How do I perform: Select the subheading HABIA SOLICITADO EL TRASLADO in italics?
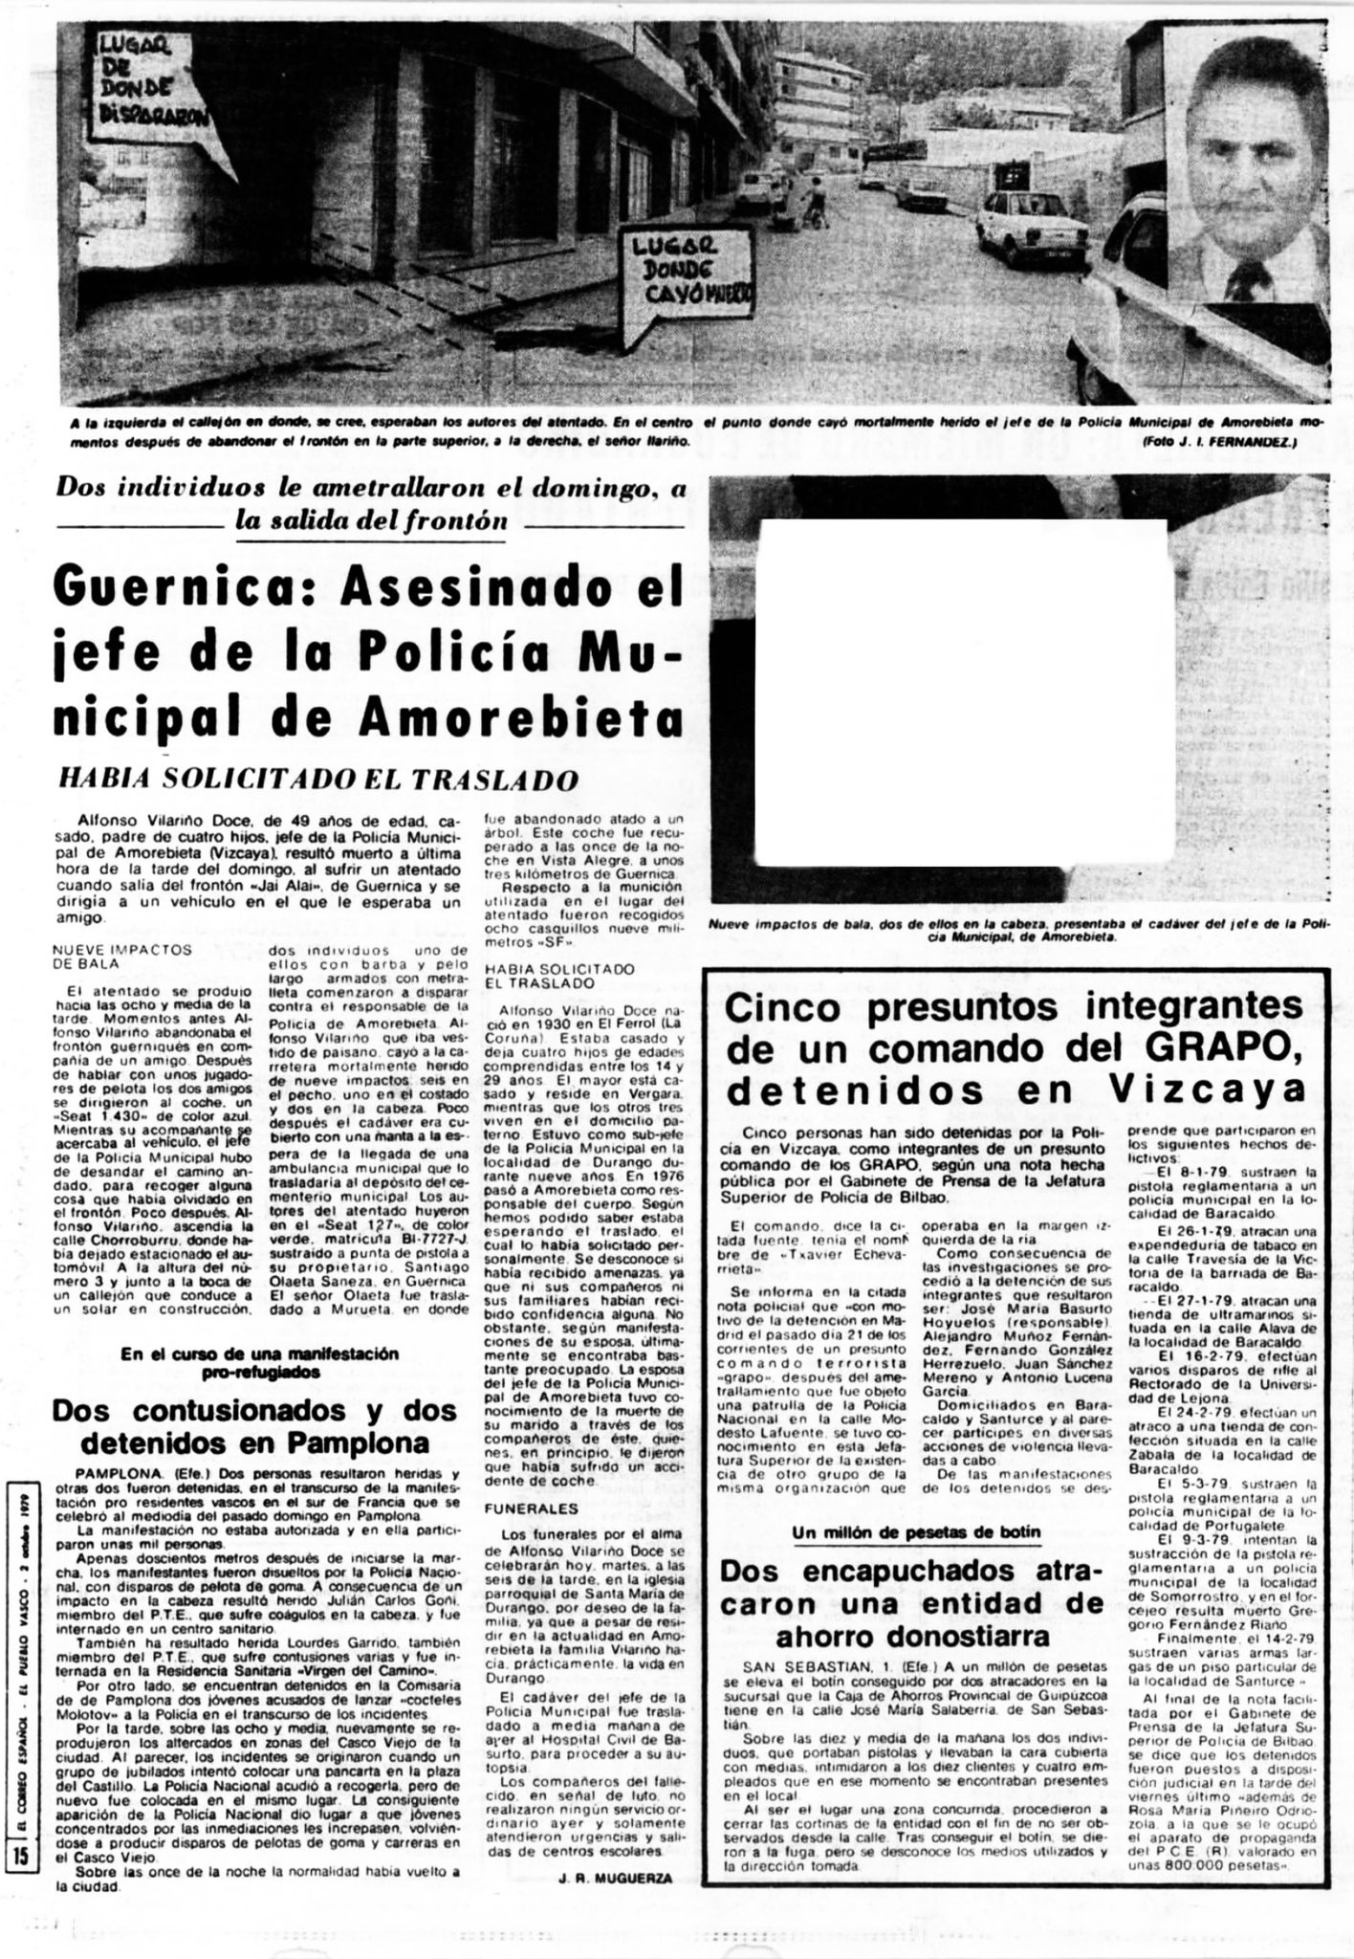point(319,779)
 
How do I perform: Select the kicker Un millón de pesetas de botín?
point(917,1532)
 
